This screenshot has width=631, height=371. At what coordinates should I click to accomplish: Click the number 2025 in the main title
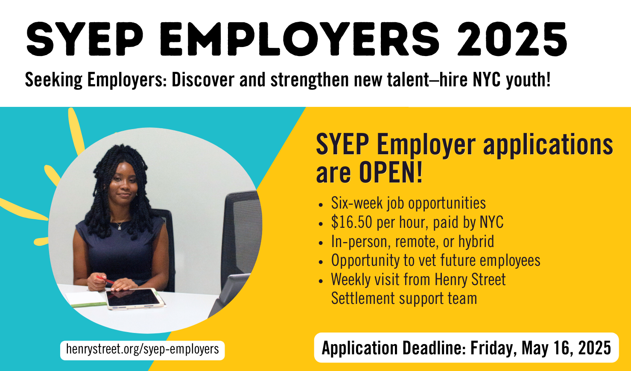512,39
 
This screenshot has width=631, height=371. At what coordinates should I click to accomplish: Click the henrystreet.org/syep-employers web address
142,349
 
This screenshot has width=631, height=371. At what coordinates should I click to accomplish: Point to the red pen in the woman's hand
105,280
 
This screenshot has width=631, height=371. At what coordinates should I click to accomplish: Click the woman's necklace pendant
120,227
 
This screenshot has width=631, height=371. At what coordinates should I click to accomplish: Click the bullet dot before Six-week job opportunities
320,205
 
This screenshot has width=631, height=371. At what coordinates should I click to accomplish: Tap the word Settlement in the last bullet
363,298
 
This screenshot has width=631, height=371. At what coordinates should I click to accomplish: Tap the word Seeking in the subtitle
54,80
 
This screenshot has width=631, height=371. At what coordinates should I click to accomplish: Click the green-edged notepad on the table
86,298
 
